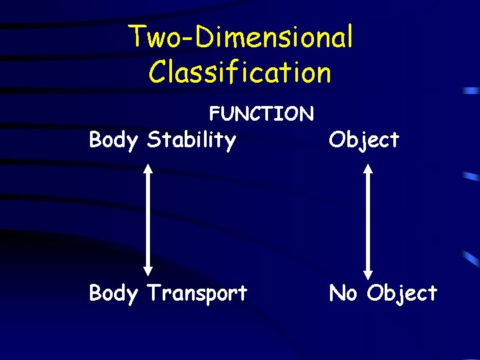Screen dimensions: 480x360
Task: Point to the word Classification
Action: pyautogui.click(x=239, y=72)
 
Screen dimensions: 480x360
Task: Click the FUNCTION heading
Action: pyautogui.click(x=261, y=114)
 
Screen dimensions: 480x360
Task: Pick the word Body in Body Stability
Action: pyautogui.click(x=113, y=141)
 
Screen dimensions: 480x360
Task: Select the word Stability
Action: pyautogui.click(x=191, y=141)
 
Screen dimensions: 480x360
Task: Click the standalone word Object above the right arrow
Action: pyautogui.click(x=364, y=140)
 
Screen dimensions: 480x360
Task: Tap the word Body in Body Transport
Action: pyautogui.click(x=113, y=293)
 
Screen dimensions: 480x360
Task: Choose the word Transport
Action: pyautogui.click(x=197, y=293)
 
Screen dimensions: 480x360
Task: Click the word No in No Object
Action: pyautogui.click(x=343, y=293)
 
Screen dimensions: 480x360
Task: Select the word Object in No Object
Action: pyautogui.click(x=402, y=293)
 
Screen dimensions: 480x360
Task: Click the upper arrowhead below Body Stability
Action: pyautogui.click(x=149, y=169)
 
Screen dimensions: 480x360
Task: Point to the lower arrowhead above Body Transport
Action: pyautogui.click(x=149, y=270)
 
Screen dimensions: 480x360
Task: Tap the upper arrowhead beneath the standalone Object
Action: pyautogui.click(x=367, y=169)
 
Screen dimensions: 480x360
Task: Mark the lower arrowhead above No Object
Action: pyautogui.click(x=367, y=273)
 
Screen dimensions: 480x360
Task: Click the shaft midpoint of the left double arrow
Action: pyautogui.click(x=149, y=220)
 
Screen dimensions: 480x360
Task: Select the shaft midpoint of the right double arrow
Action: pyautogui.click(x=367, y=221)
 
